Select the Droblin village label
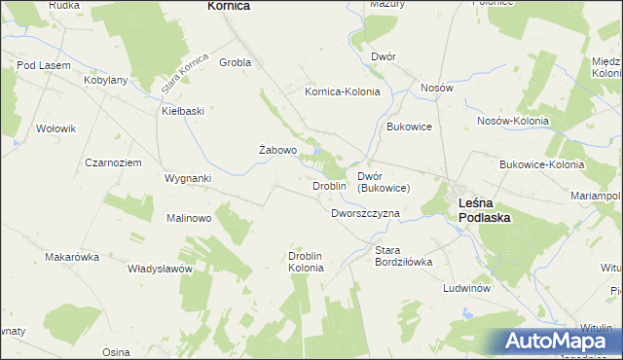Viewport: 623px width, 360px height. point(329,186)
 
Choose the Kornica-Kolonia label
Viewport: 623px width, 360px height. point(342,92)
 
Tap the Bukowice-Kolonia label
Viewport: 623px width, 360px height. point(541,164)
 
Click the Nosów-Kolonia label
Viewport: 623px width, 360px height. point(513,121)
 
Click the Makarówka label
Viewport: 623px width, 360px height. point(73,257)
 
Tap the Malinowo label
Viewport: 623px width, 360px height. point(189,218)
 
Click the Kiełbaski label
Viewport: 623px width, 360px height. point(183,111)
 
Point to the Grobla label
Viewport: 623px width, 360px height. point(236,62)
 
